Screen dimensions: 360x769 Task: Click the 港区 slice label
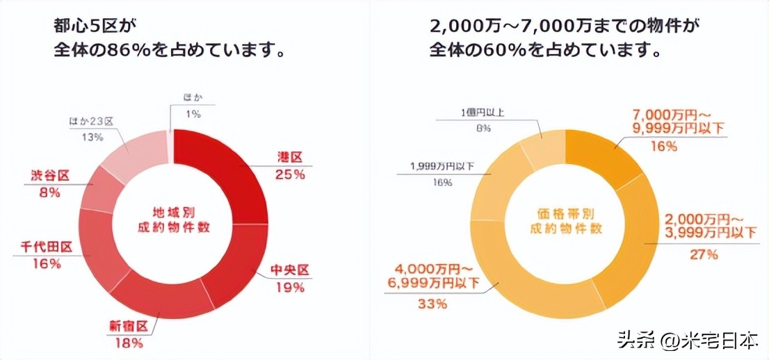click(286, 158)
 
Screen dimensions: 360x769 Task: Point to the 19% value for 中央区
click(289, 286)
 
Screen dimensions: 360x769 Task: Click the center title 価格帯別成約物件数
click(565, 218)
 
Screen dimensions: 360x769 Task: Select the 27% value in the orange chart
click(703, 255)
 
